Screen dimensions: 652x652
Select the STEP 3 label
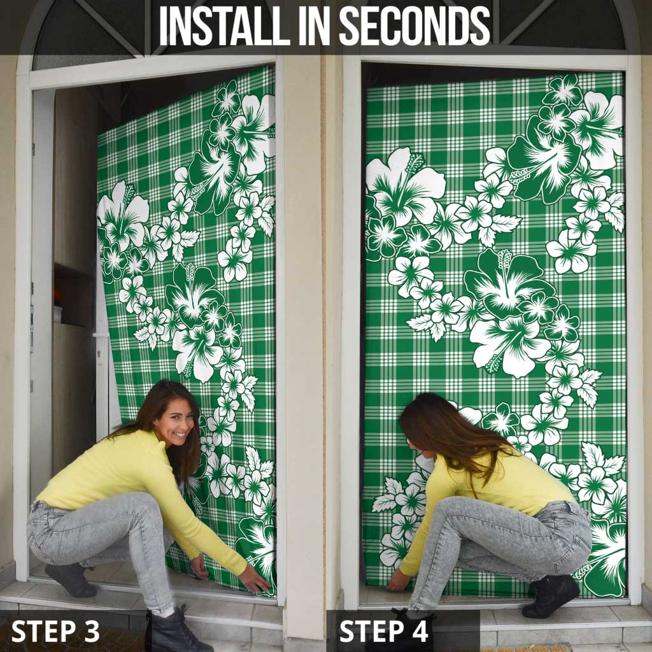[x=55, y=630]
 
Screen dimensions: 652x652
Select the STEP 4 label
[x=385, y=630]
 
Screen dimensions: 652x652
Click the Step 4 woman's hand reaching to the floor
[x=399, y=581]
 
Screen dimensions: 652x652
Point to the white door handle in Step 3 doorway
[x=99, y=335]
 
